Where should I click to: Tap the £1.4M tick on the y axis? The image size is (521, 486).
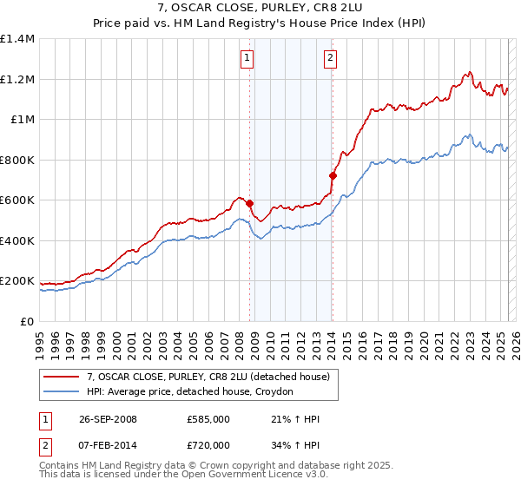pos(17,39)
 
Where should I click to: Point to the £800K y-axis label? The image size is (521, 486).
pos(17,160)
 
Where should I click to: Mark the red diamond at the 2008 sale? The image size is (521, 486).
pos(250,204)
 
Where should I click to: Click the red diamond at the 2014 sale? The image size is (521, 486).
pos(333,176)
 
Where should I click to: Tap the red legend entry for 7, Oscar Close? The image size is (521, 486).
pos(208,378)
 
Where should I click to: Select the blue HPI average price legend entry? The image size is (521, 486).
pos(190,392)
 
